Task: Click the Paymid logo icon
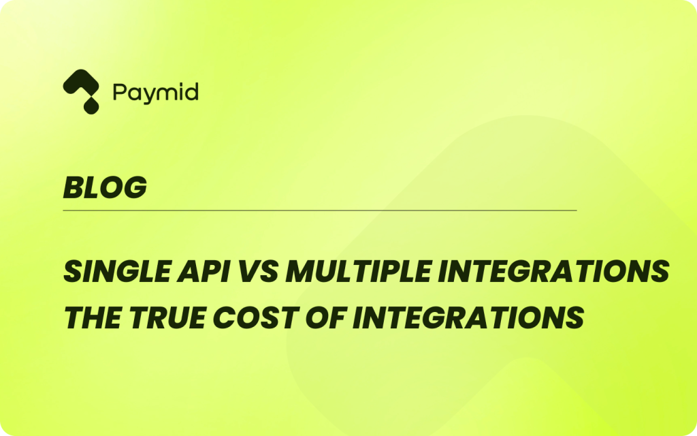(81, 91)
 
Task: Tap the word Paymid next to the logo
(156, 93)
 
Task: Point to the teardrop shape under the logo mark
(91, 106)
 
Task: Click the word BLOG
(105, 187)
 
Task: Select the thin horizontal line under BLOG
(320, 210)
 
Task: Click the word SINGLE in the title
(117, 271)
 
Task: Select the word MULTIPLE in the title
(359, 271)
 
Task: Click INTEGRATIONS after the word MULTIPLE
(554, 271)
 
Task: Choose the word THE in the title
(93, 317)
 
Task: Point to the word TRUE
(167, 317)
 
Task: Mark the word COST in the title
(255, 317)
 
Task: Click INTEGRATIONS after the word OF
(468, 317)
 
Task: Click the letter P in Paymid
(120, 92)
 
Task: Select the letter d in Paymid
(191, 92)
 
